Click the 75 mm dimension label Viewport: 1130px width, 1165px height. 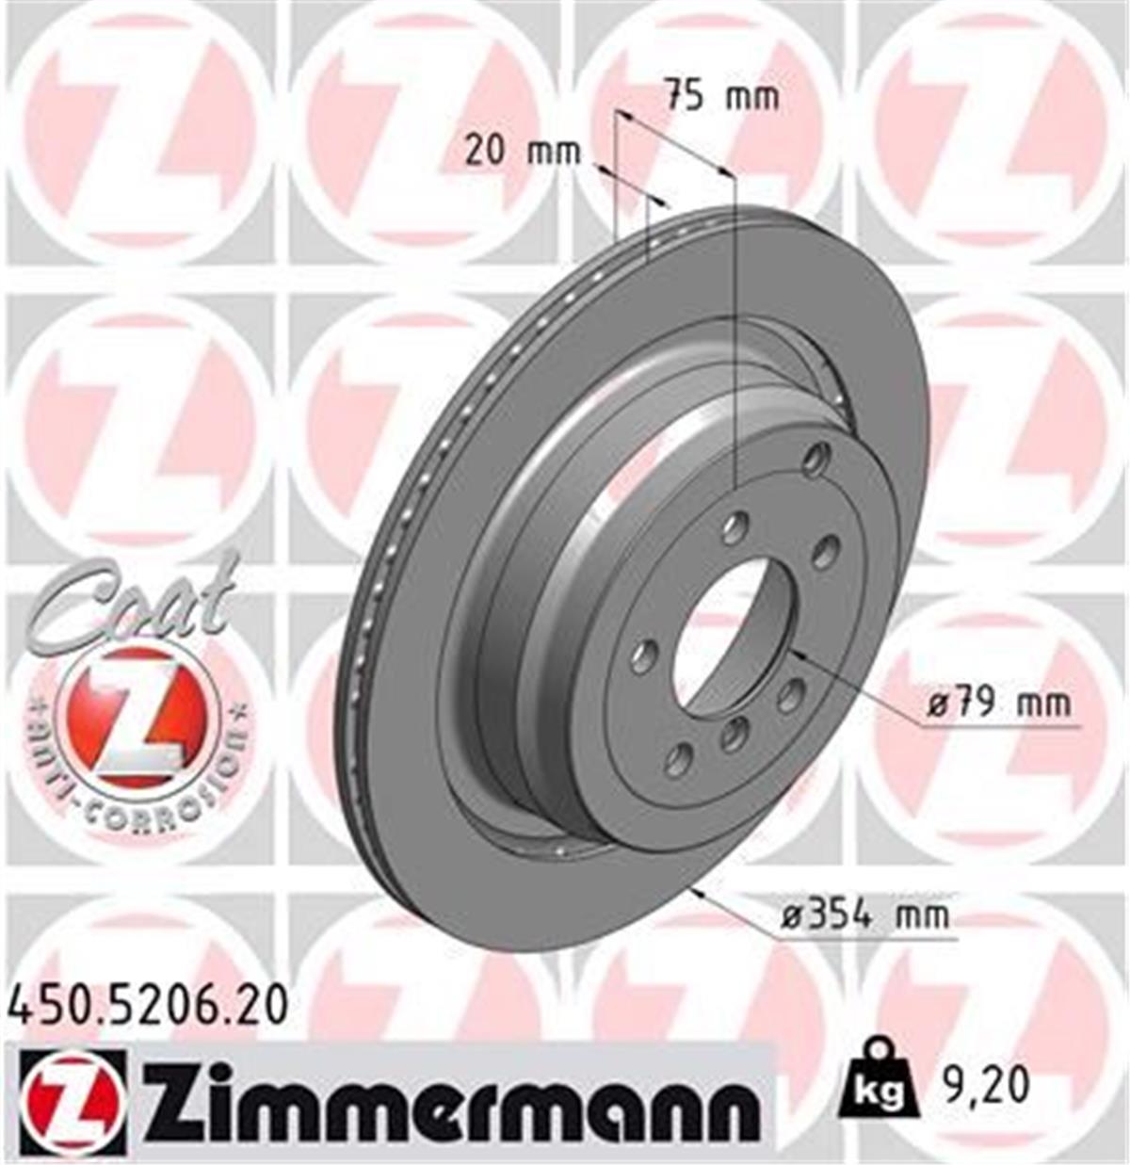(721, 96)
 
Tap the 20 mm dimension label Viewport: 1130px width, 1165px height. (523, 152)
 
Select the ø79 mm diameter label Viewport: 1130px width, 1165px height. (997, 703)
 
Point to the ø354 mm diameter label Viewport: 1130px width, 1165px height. (865, 914)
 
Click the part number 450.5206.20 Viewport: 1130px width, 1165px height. (147, 1005)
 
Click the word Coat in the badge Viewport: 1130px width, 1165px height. (132, 603)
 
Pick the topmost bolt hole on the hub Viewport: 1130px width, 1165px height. (815, 459)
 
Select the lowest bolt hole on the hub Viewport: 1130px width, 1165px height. (678, 759)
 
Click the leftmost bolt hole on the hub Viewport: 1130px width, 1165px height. (643, 655)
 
